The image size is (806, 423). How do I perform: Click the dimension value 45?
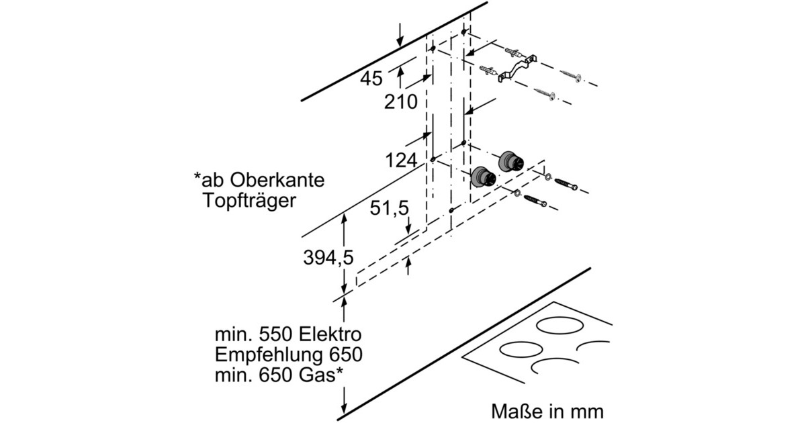[371, 79]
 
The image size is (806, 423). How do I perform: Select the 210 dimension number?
[401, 102]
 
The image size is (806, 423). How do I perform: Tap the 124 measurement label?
[401, 161]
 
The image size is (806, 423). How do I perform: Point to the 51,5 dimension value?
[390, 209]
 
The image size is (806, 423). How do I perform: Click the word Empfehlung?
[268, 355]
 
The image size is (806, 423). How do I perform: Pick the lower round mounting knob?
[483, 177]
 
